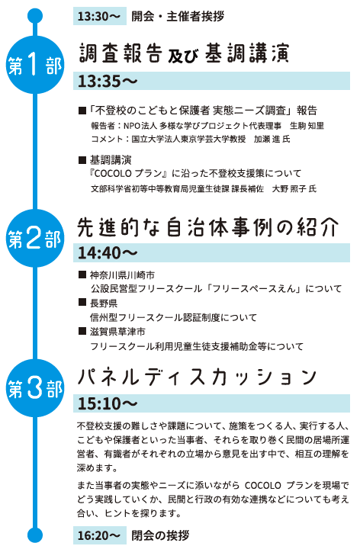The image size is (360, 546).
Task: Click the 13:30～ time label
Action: tap(99, 16)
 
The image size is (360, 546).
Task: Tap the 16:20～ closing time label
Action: tap(99, 535)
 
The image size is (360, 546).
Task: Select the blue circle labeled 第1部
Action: tap(35, 65)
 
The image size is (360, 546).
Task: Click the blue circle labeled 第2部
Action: tap(35, 239)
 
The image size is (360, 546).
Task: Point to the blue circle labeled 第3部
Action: tap(35, 388)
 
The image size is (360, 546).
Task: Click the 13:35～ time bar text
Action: tap(108, 81)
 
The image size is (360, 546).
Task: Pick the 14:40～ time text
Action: tap(108, 253)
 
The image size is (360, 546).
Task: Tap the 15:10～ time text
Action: tap(108, 403)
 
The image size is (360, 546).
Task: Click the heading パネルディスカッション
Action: tap(197, 377)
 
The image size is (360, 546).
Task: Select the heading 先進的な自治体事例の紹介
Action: tap(208, 227)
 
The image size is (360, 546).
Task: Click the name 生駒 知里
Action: tap(307, 126)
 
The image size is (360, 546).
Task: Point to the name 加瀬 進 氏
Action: tap(272, 140)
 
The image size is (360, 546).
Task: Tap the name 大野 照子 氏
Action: tap(294, 188)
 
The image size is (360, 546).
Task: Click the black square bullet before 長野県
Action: tap(82, 302)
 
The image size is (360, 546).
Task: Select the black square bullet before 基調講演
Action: tap(82, 160)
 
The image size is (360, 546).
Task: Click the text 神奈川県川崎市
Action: tap(122, 275)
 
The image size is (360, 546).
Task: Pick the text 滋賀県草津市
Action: tap(117, 332)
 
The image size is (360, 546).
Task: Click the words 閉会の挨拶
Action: tap(160, 535)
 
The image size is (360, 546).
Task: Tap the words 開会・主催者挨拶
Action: tap(178, 16)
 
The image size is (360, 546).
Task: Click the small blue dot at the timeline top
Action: tap(35, 16)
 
